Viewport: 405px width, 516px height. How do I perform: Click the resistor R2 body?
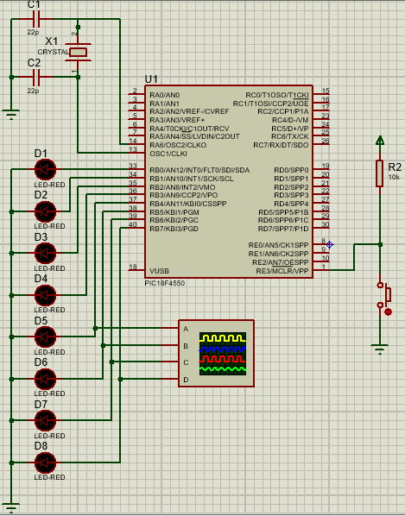[379, 173]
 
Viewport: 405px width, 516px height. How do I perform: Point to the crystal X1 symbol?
[79, 53]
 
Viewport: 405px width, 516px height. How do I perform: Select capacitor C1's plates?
[35, 17]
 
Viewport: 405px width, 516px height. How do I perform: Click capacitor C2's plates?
[35, 76]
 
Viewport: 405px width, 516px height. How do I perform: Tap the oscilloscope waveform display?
[223, 354]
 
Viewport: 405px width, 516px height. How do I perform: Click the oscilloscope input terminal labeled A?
[185, 329]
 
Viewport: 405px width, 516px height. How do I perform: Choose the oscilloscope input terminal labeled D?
[185, 380]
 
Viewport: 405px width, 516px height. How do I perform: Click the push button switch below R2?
[381, 296]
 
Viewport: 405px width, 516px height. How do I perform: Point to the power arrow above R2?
[379, 140]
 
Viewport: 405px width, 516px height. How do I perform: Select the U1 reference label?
[152, 79]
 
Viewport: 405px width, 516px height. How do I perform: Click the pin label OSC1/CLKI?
[168, 153]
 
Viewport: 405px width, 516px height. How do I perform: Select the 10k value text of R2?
[394, 176]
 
